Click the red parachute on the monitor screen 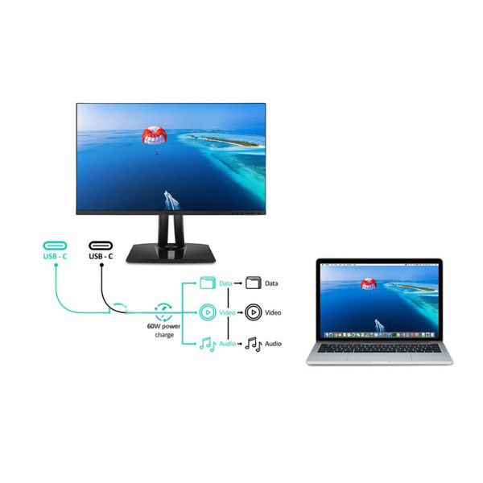click(x=154, y=135)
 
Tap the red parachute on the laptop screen click(x=369, y=283)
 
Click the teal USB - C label click(x=55, y=256)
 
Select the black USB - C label click(x=101, y=256)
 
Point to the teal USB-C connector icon click(x=55, y=246)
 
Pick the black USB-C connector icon click(x=101, y=246)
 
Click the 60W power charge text click(x=163, y=330)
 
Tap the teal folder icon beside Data click(x=208, y=283)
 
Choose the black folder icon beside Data click(x=254, y=283)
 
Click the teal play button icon click(x=208, y=312)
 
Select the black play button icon click(x=254, y=312)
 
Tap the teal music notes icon click(x=208, y=344)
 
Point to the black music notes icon click(x=254, y=344)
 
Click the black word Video click(x=273, y=312)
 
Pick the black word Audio click(x=273, y=344)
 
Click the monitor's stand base click(x=171, y=253)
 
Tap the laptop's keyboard click(x=379, y=349)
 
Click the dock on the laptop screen click(x=379, y=335)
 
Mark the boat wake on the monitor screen click(x=171, y=200)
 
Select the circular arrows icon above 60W click(x=163, y=312)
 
